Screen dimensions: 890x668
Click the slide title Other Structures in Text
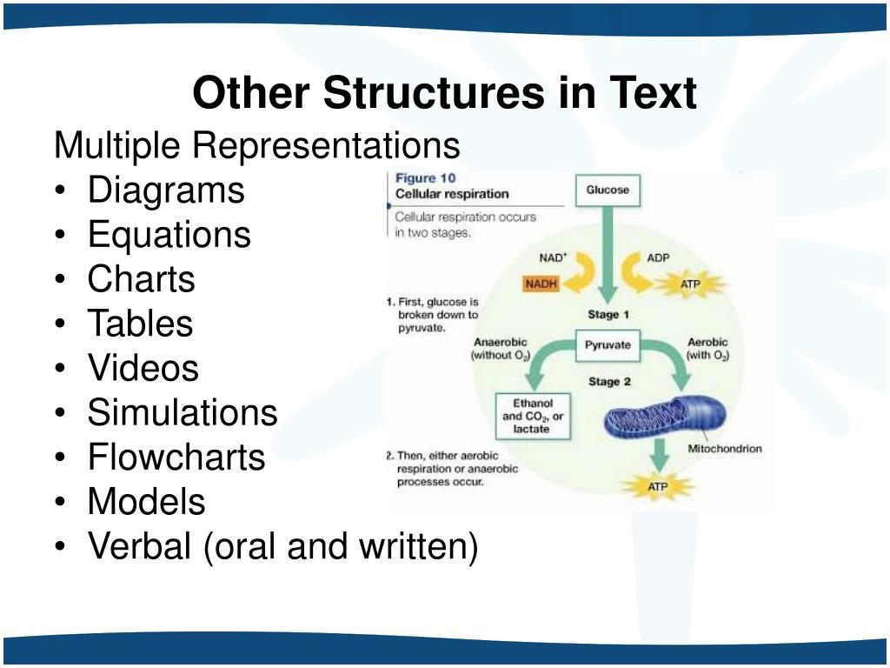(x=444, y=94)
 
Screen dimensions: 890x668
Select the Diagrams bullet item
(x=165, y=190)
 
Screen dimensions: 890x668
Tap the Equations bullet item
(x=169, y=235)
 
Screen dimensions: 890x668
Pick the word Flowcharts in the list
(x=176, y=457)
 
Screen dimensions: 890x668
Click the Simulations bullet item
(x=182, y=412)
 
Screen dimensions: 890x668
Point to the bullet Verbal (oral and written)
(x=282, y=546)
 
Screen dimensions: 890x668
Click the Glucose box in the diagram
(x=608, y=190)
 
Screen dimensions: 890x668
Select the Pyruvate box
(x=608, y=345)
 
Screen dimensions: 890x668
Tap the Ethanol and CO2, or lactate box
(x=533, y=416)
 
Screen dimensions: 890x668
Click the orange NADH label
(x=541, y=284)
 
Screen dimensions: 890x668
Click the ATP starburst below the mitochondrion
(x=658, y=486)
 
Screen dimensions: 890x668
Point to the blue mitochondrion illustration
(x=660, y=417)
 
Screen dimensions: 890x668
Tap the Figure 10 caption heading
(x=427, y=178)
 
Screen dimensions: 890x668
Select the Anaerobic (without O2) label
(x=501, y=349)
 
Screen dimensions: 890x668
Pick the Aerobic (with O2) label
(x=707, y=349)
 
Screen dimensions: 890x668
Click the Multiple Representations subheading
(x=256, y=145)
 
